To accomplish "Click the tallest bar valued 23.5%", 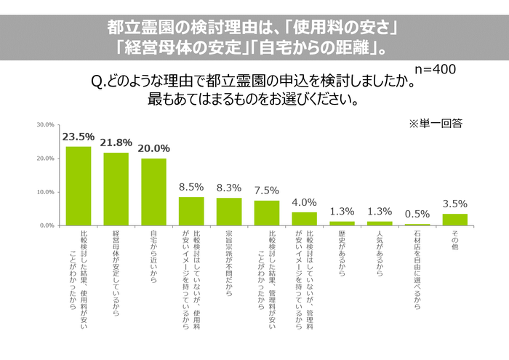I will pyautogui.click(x=79, y=186).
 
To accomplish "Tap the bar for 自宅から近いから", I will pyautogui.click(x=153, y=192).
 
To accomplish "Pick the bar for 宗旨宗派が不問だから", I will pyautogui.click(x=229, y=212).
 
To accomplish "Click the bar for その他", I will pyautogui.click(x=455, y=220).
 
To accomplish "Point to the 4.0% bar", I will pyautogui.click(x=304, y=219).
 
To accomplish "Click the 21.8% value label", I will pyautogui.click(x=116, y=143).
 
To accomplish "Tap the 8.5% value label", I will pyautogui.click(x=191, y=187).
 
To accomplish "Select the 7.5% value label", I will pyautogui.click(x=267, y=191).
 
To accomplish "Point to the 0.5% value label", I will pyautogui.click(x=417, y=214).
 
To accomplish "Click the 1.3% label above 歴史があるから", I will pyautogui.click(x=342, y=211).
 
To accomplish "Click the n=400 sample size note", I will pyautogui.click(x=435, y=69).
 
